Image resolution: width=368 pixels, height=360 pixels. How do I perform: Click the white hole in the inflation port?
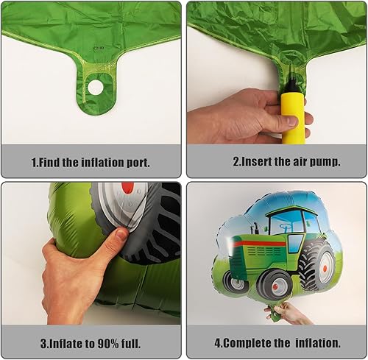tap(96, 87)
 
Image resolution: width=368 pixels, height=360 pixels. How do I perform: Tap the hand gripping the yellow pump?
tap(236, 118)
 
